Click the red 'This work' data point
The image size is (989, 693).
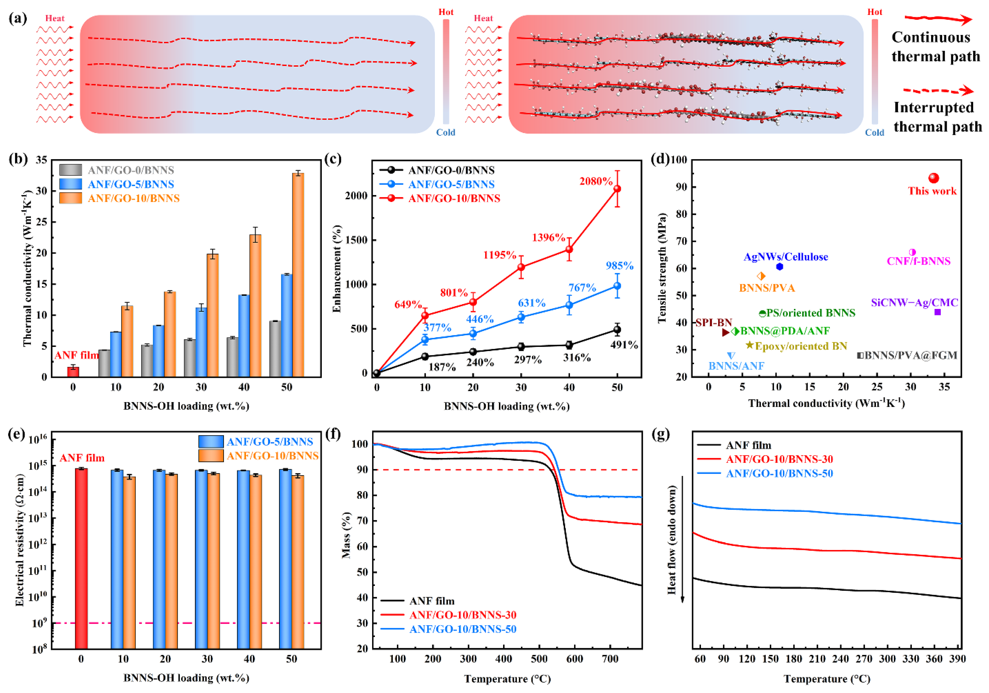click(x=933, y=178)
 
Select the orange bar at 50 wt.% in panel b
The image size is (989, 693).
click(x=298, y=276)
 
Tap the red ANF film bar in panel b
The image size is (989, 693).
click(x=73, y=371)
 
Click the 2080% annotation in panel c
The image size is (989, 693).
click(x=596, y=181)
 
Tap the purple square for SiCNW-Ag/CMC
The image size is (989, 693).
click(x=937, y=312)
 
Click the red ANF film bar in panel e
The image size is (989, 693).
click(x=81, y=558)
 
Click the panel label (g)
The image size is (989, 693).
click(x=661, y=434)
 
